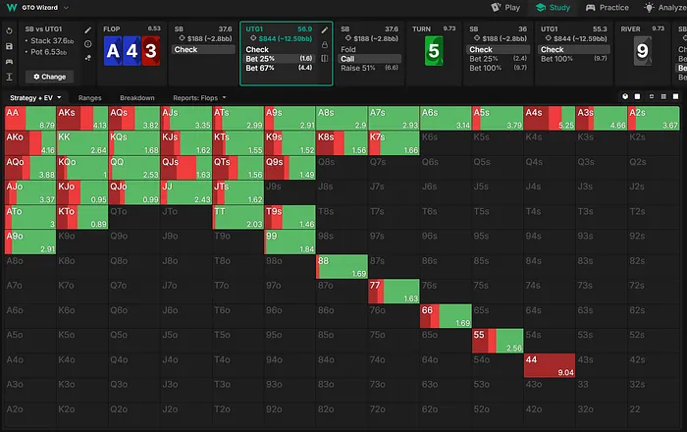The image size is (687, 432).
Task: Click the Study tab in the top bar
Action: pyautogui.click(x=554, y=7)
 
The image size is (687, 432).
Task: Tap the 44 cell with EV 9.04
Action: pyautogui.click(x=547, y=366)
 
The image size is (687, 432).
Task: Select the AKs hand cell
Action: pyautogui.click(x=81, y=119)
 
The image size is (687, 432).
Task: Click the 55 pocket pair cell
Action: pyautogui.click(x=496, y=341)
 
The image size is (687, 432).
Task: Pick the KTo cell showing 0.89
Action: pyautogui.click(x=81, y=218)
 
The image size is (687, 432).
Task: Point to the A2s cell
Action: pyautogui.click(x=654, y=119)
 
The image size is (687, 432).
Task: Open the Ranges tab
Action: pyautogui.click(x=90, y=98)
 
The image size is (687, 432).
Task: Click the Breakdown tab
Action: pyautogui.click(x=137, y=98)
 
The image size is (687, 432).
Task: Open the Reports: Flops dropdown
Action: pyautogui.click(x=200, y=98)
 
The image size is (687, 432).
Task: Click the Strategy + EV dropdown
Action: pyautogui.click(x=35, y=98)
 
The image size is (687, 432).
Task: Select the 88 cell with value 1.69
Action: pyautogui.click(x=341, y=267)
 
